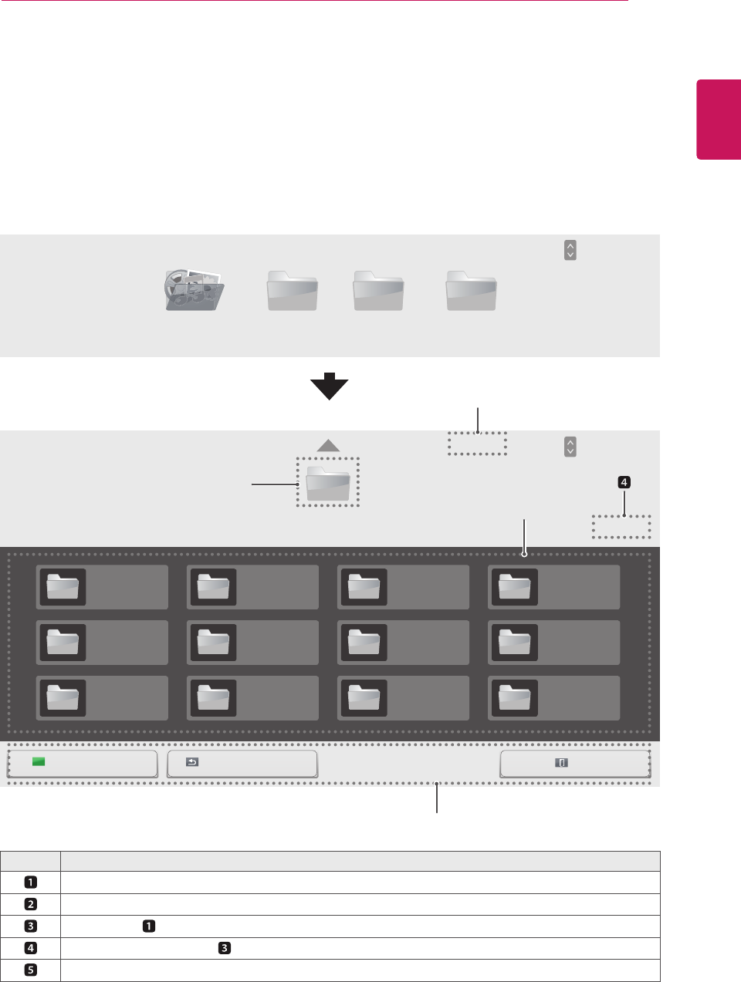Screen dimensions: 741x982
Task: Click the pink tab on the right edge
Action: point(719,119)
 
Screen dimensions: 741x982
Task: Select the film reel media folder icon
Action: point(194,290)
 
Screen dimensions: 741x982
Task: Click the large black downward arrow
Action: point(329,386)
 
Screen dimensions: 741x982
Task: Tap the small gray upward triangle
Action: point(328,445)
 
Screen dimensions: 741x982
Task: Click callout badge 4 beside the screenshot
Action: point(624,483)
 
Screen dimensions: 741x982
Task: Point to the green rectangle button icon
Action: point(39,762)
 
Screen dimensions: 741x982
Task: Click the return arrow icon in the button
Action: point(192,762)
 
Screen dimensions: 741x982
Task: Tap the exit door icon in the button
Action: point(562,762)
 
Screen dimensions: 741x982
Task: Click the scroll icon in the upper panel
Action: point(570,250)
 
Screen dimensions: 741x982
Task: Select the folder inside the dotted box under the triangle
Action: point(328,484)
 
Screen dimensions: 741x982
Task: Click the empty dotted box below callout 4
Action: point(621,527)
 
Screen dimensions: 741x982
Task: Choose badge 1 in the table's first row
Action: point(31,882)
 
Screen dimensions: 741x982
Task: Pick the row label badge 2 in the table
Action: point(31,904)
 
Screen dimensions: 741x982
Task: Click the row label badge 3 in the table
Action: point(31,926)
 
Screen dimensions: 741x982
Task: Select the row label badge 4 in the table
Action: point(31,948)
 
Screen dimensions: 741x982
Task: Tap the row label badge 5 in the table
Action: point(31,970)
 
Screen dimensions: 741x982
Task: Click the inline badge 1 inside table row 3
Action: point(148,926)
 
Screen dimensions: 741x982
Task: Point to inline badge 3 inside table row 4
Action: point(225,948)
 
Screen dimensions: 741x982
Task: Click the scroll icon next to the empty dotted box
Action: point(570,447)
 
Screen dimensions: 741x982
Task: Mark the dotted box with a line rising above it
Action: point(477,444)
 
